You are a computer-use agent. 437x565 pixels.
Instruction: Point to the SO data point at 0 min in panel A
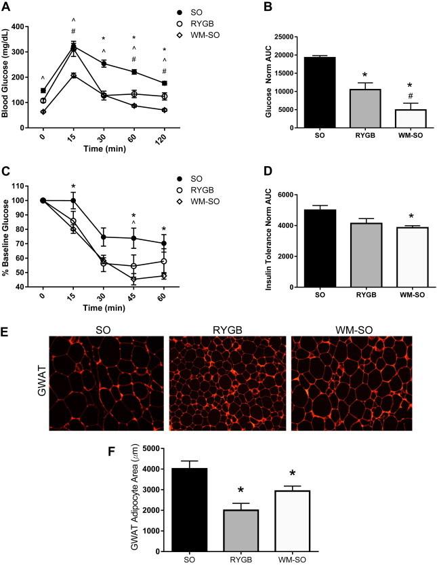(x=43, y=90)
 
